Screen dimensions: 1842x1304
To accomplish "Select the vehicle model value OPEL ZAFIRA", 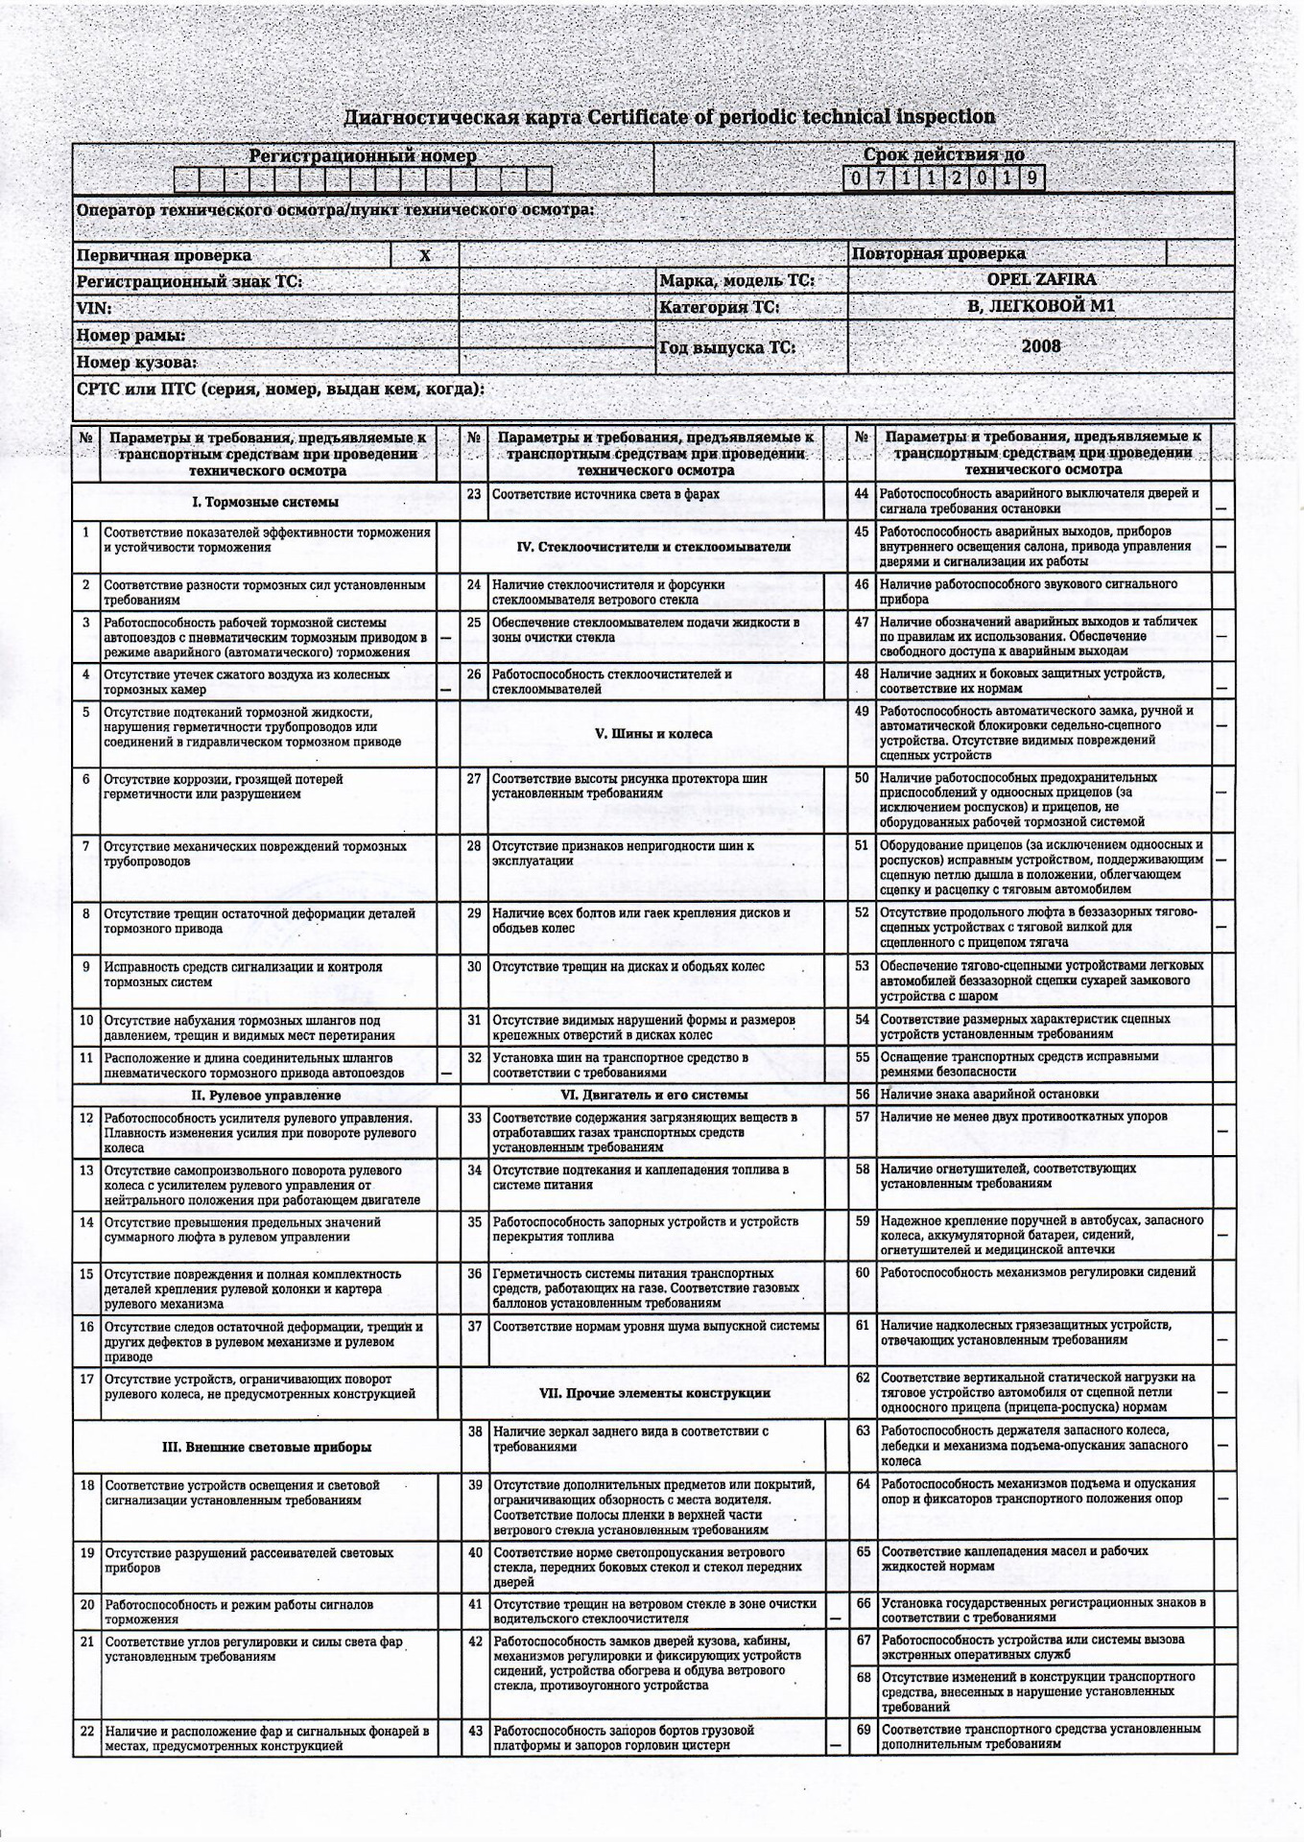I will [x=1041, y=280].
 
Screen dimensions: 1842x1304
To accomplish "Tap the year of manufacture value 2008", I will [x=1041, y=345].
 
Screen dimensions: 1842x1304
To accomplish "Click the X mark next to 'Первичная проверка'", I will [x=425, y=255].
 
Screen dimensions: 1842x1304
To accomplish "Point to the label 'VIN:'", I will [x=94, y=309].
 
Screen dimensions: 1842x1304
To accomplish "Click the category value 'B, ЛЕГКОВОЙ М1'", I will [x=1041, y=307].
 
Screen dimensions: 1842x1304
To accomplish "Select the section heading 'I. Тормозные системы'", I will [x=266, y=502].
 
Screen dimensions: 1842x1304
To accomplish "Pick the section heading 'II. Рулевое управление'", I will [x=266, y=1095].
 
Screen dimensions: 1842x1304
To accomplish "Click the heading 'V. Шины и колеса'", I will [x=653, y=734].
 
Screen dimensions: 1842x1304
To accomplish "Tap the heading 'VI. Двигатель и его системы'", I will [x=653, y=1095].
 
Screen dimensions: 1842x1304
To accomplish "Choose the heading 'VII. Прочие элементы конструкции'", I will [x=653, y=1393].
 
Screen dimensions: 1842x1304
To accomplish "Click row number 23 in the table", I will [x=474, y=494].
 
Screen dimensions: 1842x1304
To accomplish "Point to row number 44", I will [x=862, y=493].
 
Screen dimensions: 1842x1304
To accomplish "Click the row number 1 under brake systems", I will [x=86, y=532].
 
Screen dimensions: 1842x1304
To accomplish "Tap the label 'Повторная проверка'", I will [x=938, y=254].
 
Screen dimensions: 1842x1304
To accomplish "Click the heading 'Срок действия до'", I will [x=943, y=154].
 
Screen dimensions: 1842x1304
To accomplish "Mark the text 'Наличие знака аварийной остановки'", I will [x=989, y=1095].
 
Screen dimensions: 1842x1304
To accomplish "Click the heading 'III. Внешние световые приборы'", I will [x=266, y=1447].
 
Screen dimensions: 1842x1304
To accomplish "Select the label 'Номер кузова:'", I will [x=137, y=363].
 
